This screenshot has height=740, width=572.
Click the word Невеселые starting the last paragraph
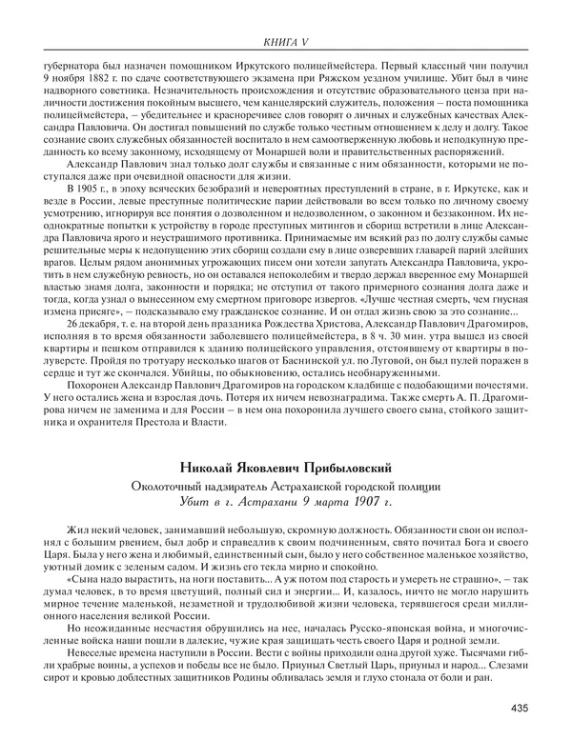click(x=94, y=652)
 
